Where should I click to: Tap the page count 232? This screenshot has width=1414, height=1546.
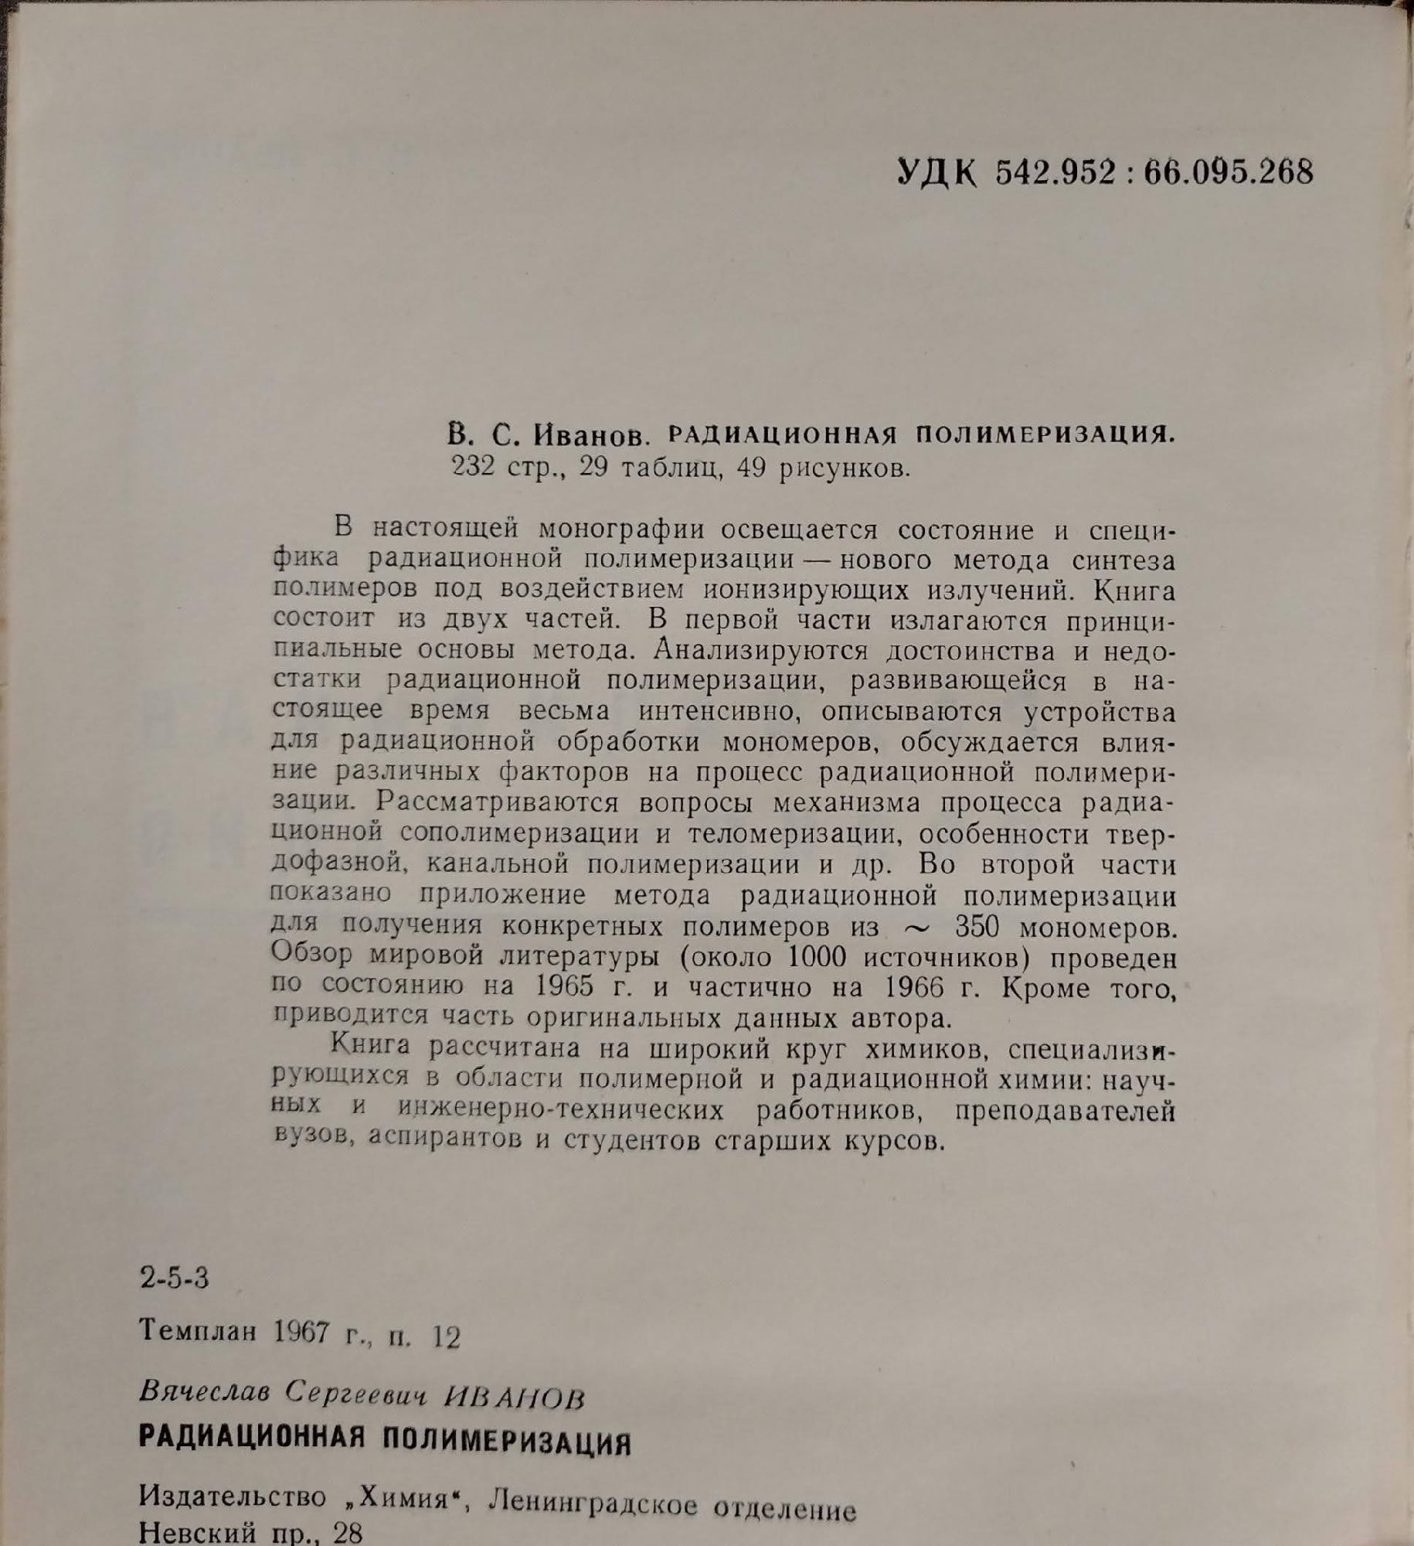tap(473, 468)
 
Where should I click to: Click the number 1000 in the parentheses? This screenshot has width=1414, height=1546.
tap(816, 957)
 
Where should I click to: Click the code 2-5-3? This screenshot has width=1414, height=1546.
tap(175, 1279)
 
